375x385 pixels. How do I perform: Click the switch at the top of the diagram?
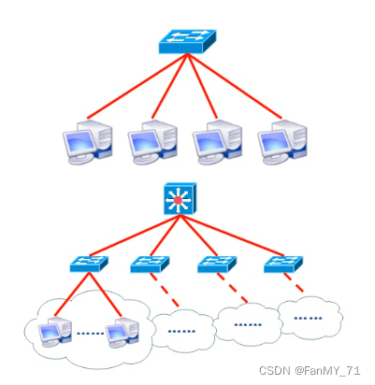(x=187, y=41)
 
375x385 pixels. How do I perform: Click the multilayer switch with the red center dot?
(x=180, y=199)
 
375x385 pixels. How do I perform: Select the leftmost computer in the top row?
(x=88, y=141)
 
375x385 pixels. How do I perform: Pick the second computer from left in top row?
(x=152, y=141)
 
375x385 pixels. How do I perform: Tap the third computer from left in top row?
(x=218, y=141)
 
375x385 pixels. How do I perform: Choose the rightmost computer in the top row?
(x=282, y=141)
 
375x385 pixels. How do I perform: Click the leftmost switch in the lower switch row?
(x=89, y=264)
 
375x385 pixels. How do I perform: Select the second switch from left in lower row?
(x=150, y=264)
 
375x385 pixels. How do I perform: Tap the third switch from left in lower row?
(x=217, y=264)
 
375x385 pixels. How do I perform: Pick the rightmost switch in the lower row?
(x=283, y=264)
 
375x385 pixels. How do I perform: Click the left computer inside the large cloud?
(x=55, y=332)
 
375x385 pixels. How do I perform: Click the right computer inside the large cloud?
(x=123, y=332)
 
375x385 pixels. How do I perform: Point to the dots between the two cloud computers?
(x=90, y=334)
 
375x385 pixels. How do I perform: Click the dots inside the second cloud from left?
(x=181, y=331)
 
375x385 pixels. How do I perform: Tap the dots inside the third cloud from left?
(x=248, y=325)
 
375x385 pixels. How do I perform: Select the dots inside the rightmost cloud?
(x=308, y=319)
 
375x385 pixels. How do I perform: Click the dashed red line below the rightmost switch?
(x=294, y=282)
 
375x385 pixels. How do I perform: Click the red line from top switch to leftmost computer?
(x=137, y=86)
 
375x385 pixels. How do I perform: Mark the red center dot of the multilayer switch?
(x=178, y=200)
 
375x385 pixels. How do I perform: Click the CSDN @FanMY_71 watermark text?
(x=310, y=371)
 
